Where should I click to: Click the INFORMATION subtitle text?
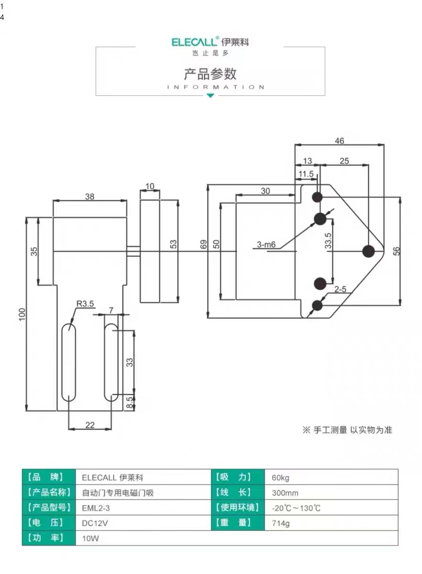pos(216,87)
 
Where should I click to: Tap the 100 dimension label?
pos(22,314)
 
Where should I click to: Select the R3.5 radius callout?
pos(85,304)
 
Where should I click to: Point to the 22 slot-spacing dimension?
pos(90,425)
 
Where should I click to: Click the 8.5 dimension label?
pos(130,402)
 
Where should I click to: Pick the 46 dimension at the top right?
pos(339,141)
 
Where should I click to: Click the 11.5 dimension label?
pos(306,174)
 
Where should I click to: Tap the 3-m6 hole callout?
pos(266,244)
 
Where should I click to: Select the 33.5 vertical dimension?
pos(328,241)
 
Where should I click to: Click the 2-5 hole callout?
pos(340,289)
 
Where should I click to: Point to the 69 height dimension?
pos(203,244)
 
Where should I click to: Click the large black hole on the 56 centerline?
pos(368,251)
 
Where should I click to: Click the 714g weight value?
pos(281,523)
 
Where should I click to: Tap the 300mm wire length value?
pos(285,493)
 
